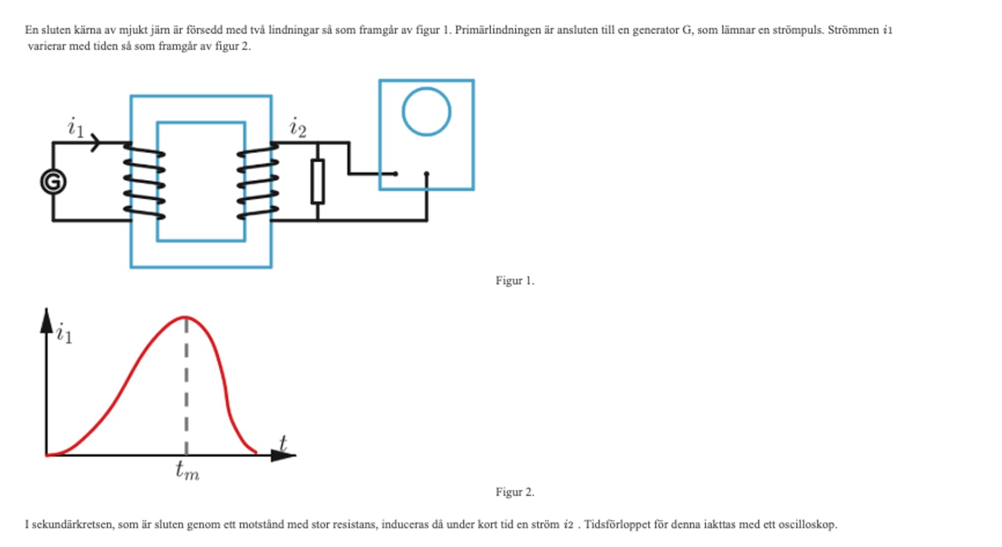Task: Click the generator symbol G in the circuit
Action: coord(53,182)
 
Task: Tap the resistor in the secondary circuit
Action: coord(318,181)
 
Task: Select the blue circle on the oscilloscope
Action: coord(426,111)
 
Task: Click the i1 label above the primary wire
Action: coord(75,127)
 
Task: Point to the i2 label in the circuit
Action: coord(297,128)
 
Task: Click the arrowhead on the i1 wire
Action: coord(95,143)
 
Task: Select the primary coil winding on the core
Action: coord(144,181)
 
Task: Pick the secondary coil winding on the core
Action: coord(257,181)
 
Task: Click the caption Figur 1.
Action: coord(515,280)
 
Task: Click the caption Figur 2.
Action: coord(515,492)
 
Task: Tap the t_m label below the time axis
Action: coord(187,469)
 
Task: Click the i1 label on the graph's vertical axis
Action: coord(64,334)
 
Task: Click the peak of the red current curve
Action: coord(186,318)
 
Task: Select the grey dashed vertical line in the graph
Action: coord(186,388)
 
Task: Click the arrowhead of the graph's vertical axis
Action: coord(46,320)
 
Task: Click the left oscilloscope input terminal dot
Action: coord(395,173)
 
